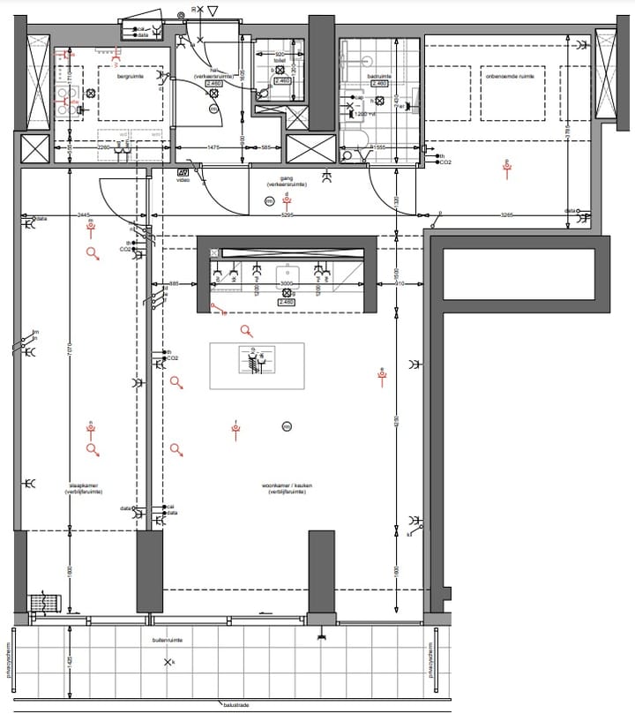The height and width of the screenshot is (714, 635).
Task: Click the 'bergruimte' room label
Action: click(x=131, y=77)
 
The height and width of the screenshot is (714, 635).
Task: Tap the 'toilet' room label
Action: click(x=280, y=61)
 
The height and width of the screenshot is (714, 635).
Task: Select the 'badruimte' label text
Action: click(x=378, y=77)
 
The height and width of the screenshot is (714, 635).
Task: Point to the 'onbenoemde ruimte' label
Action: click(x=508, y=77)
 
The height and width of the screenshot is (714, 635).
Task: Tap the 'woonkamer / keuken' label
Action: click(x=282, y=488)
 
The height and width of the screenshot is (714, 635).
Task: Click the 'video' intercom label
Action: click(x=183, y=180)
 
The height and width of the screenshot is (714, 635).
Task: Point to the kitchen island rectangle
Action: click(x=257, y=365)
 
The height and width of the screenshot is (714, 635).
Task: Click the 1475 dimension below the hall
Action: click(x=213, y=147)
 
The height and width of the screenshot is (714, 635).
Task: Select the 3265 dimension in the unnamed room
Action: click(x=507, y=214)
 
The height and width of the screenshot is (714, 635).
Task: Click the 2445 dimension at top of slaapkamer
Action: click(x=85, y=214)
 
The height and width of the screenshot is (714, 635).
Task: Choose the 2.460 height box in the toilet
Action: click(x=283, y=81)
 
